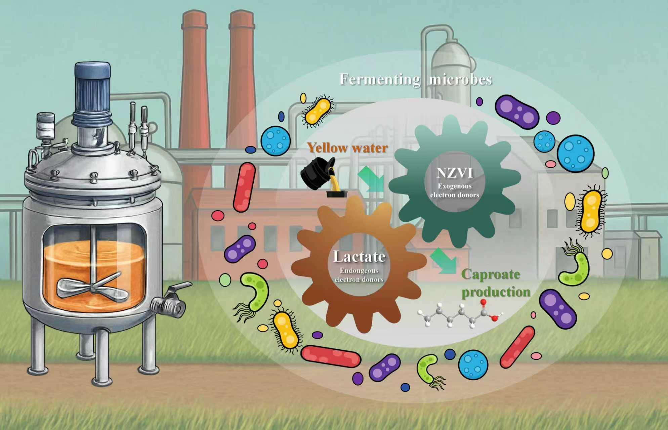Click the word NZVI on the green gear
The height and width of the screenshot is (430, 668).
pos(454,173)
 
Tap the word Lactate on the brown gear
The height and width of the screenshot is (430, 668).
pos(359,257)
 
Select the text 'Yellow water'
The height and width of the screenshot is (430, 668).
pos(347,148)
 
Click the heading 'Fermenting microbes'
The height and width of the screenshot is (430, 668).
pos(416,80)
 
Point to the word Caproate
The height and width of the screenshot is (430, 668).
pos(491,274)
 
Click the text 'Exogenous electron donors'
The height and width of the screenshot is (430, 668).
pos(454,190)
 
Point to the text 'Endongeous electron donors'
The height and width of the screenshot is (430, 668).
pos(359,275)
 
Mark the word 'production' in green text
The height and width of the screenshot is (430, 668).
pos(496,292)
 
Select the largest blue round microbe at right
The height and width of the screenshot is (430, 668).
pos(575,152)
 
